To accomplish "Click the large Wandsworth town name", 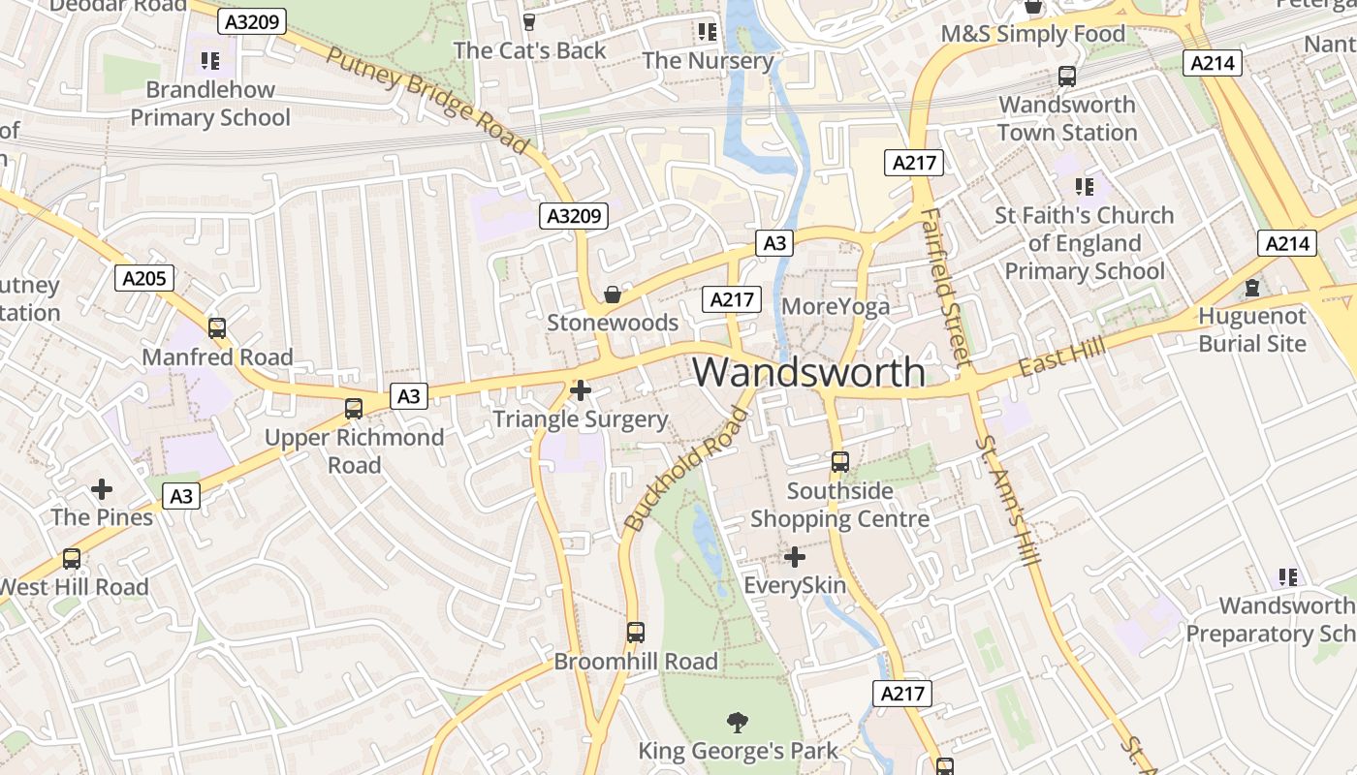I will click(x=809, y=372).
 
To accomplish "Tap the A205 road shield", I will click(x=145, y=279).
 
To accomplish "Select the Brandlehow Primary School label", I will click(x=210, y=104).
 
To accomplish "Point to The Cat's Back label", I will click(x=529, y=50).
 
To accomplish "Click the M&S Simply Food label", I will click(x=1033, y=34).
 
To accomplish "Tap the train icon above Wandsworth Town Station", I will click(x=1067, y=76).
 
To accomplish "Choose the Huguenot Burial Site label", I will click(x=1252, y=329).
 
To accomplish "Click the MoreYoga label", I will click(x=836, y=307).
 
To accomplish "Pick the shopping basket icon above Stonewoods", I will click(x=612, y=294).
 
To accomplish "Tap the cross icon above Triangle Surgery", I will click(x=581, y=390).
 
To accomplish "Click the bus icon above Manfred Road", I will click(x=217, y=328).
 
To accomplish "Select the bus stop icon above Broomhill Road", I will click(x=636, y=633).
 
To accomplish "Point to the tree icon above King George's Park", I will click(x=738, y=722).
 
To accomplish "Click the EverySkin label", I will click(x=795, y=585).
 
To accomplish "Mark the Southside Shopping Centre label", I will click(x=840, y=505).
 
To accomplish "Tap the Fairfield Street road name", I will click(x=945, y=286).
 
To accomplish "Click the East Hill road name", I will click(x=1049, y=361).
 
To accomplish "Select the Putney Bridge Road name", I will click(x=428, y=100).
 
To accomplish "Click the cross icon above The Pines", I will click(x=102, y=489).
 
